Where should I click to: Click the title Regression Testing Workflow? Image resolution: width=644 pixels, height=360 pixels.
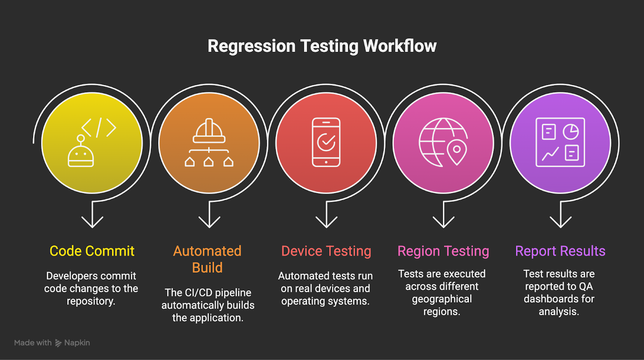pyautogui.click(x=322, y=46)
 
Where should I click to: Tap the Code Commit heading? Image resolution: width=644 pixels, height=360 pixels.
pyautogui.click(x=92, y=251)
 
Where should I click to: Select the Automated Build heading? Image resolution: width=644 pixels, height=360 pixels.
pyautogui.click(x=207, y=259)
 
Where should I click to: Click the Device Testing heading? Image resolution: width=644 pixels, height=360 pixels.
pyautogui.click(x=326, y=251)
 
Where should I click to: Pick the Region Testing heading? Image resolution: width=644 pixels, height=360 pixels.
pyautogui.click(x=443, y=251)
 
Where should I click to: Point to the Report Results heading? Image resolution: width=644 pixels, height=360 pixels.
pyautogui.click(x=560, y=251)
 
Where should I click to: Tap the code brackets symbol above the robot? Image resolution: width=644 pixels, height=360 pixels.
pyautogui.click(x=99, y=127)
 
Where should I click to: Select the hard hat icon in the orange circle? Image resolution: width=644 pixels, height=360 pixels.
pyautogui.click(x=209, y=131)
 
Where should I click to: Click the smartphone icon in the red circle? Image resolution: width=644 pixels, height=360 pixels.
pyautogui.click(x=326, y=142)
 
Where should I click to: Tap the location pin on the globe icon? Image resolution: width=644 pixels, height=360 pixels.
pyautogui.click(x=457, y=151)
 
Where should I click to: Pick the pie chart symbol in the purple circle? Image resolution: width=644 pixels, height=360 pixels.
pyautogui.click(x=571, y=132)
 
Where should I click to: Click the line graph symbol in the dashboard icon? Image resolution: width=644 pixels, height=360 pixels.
pyautogui.click(x=550, y=154)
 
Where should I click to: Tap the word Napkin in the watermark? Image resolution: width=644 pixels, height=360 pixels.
pyautogui.click(x=77, y=343)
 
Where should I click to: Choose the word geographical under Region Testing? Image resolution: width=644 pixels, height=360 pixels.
pyautogui.click(x=442, y=299)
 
